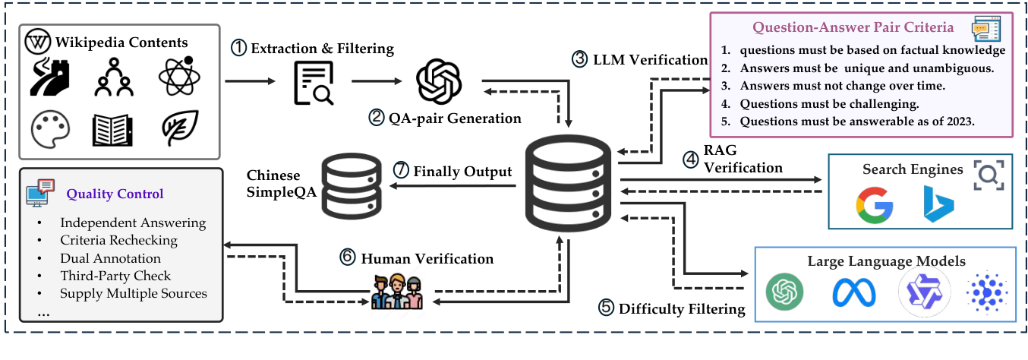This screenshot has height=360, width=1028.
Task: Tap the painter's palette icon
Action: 50,129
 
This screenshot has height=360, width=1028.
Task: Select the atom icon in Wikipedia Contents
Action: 179,76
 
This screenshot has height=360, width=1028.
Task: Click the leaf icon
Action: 181,128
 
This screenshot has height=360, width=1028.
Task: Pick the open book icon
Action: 112,130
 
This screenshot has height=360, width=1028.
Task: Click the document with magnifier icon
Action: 314,83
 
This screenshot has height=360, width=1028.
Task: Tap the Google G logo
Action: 875,205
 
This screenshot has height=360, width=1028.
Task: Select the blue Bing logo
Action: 939,204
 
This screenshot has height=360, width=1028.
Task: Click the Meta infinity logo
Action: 854,292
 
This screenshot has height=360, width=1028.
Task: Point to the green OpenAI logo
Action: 785,292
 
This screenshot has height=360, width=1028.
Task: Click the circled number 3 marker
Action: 579,59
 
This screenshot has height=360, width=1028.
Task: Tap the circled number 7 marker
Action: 401,169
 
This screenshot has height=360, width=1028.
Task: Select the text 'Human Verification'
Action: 427,258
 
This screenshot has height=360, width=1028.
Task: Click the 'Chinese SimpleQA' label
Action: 282,183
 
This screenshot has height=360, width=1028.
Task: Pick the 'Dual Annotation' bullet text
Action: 111,258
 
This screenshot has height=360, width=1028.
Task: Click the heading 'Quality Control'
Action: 115,194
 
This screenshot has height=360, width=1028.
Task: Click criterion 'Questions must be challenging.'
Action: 829,104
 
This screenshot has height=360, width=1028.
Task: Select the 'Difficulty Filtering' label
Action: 682,308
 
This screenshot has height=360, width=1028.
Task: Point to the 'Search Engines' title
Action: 913,169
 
